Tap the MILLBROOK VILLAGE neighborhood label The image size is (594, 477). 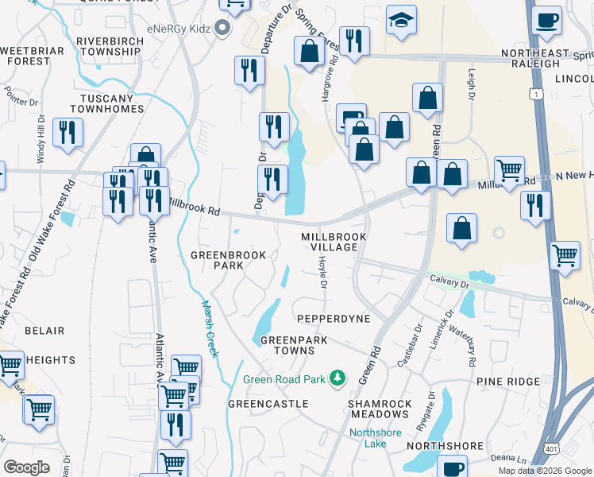330,242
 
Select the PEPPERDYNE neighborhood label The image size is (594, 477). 334,318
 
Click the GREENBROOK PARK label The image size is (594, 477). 222,261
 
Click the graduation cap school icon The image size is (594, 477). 402,21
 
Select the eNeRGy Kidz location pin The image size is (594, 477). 222,29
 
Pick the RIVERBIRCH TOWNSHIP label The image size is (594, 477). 108,46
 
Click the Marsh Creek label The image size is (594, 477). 209,328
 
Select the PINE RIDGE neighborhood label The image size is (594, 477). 508,382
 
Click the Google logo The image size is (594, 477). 26,467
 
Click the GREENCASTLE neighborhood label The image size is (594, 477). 268,404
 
